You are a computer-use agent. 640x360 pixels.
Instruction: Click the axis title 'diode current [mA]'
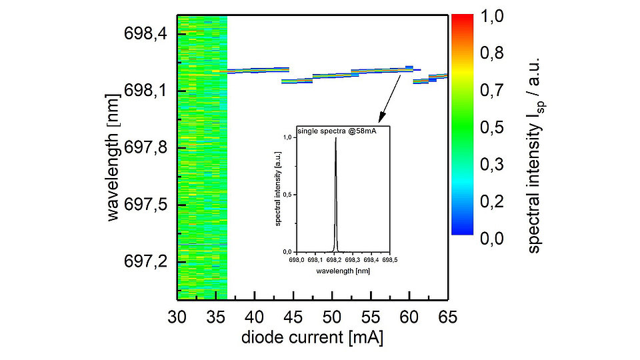coord(311,337)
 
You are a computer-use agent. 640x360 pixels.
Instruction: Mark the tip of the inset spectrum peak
coord(335,138)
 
